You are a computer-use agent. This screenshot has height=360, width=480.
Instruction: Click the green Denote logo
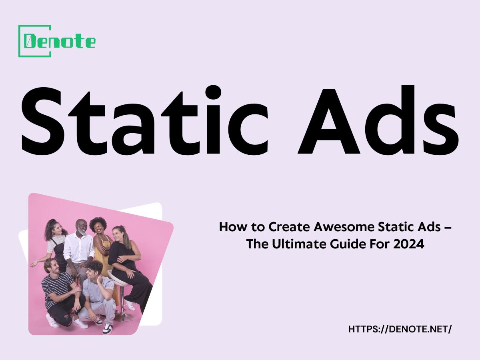[56, 41]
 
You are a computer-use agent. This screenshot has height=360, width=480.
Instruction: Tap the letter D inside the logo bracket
[30, 41]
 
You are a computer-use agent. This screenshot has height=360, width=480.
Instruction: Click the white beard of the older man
[82, 232]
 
